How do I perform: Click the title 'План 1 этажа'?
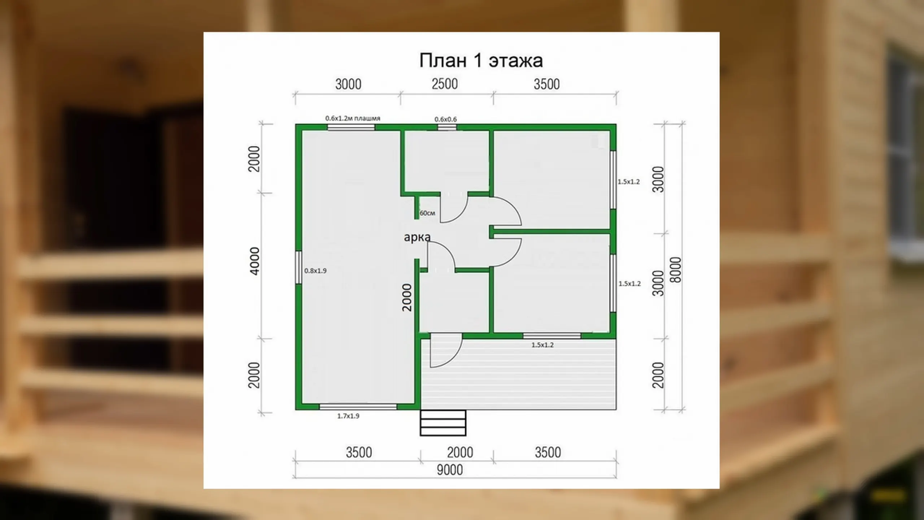(x=481, y=60)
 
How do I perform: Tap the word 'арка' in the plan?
(x=417, y=237)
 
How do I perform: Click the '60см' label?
(x=427, y=213)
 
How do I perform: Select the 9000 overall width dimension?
(x=450, y=470)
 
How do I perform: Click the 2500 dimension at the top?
(x=445, y=84)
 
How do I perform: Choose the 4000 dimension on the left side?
(x=254, y=261)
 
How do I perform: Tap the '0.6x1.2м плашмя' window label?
(x=353, y=118)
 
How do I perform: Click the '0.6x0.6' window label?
(x=445, y=119)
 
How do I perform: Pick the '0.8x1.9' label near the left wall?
(x=315, y=270)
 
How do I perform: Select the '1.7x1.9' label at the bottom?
(x=348, y=416)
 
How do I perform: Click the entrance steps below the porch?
(x=443, y=423)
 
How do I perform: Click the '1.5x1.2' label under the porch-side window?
(x=542, y=345)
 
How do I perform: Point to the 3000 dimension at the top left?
(x=348, y=84)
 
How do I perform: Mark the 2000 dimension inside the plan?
(x=407, y=298)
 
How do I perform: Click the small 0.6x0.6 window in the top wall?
(x=447, y=127)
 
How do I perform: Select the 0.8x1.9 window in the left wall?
(x=298, y=268)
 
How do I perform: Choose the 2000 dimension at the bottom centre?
(x=460, y=452)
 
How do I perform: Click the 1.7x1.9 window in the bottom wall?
(x=358, y=407)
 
